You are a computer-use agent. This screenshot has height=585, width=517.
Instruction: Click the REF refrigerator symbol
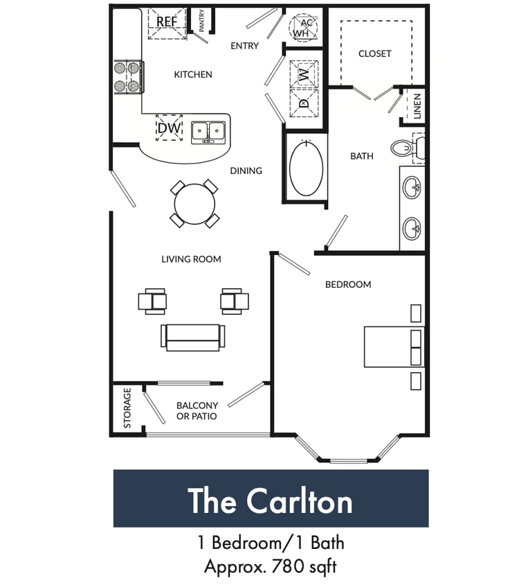coord(167,21)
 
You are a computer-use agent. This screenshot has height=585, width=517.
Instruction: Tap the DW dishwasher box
coord(169,128)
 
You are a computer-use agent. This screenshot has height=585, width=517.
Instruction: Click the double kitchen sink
coord(208,131)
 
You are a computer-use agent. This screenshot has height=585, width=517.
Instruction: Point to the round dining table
coord(194,204)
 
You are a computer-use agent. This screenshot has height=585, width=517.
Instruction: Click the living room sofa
coord(193,336)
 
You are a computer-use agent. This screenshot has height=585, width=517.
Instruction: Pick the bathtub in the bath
coord(306,169)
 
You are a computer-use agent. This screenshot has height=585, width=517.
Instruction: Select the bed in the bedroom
coord(393,347)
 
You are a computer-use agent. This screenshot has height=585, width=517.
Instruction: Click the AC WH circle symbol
coord(302,28)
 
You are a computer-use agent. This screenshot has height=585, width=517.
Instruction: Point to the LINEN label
coord(417,106)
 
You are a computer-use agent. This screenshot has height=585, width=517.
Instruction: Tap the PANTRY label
coord(201,21)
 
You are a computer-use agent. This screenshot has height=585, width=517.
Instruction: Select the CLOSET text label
coord(374,53)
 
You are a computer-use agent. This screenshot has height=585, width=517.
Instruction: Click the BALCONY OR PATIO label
coord(197,411)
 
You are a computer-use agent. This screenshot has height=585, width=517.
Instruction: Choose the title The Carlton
coord(270,500)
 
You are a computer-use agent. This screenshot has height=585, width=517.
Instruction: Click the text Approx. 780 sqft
coord(270,566)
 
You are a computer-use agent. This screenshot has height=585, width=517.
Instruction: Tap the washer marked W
coord(303,73)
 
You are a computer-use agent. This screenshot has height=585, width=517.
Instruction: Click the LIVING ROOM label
coord(191,259)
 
